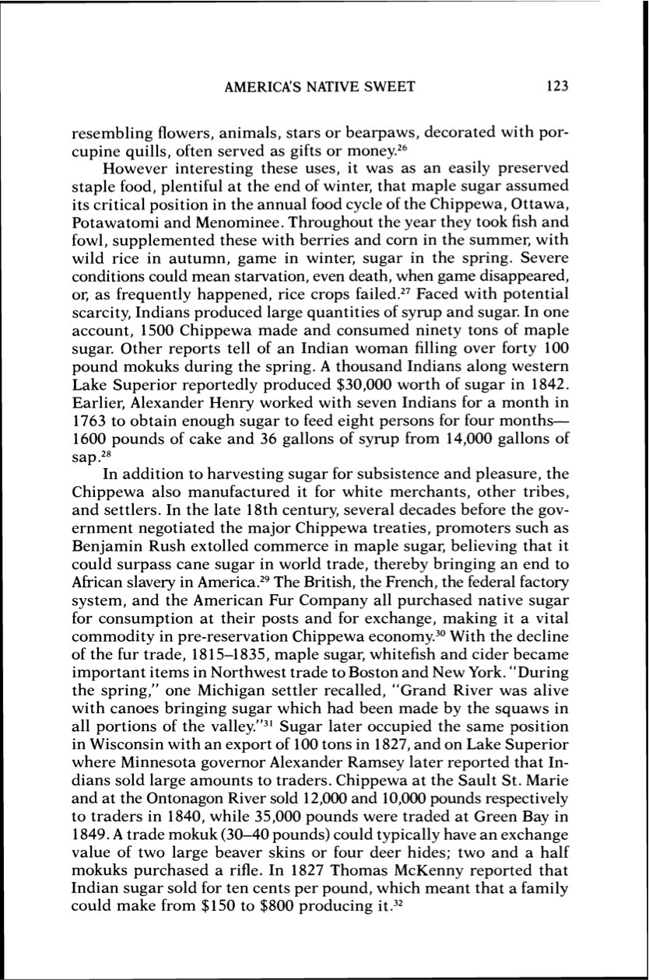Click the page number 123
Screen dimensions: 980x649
click(x=558, y=87)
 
